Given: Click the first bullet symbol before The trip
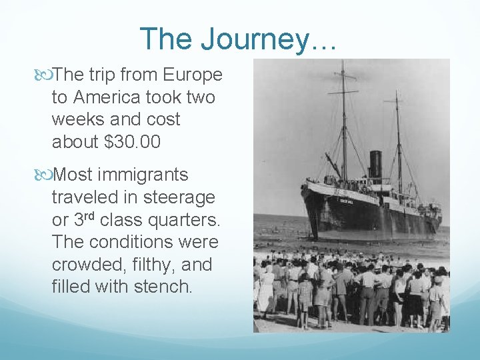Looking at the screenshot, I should click(45, 75).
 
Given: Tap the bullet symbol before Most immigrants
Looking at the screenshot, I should click(45, 175).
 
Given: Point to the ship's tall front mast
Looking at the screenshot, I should click(343, 120).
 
